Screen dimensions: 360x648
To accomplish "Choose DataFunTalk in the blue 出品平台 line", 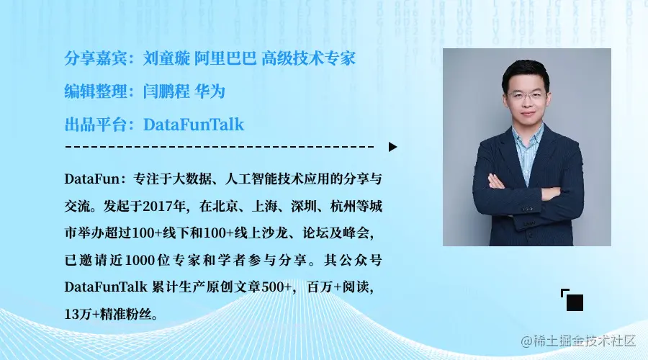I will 194,125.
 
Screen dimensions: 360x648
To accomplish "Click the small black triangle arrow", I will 392,147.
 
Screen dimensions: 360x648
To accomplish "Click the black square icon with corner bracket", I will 573,301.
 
